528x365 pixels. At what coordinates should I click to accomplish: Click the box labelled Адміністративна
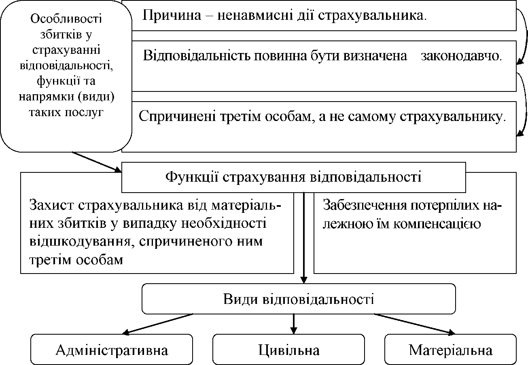pyautogui.click(x=112, y=350)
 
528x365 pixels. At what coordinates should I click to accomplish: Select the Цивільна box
pyautogui.click(x=289, y=350)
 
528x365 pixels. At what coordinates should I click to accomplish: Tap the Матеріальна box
pyautogui.click(x=450, y=350)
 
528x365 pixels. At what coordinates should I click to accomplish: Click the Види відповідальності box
pyautogui.click(x=299, y=299)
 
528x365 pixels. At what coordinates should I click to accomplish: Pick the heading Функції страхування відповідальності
pyautogui.click(x=294, y=177)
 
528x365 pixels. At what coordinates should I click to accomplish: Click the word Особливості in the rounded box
pyautogui.click(x=66, y=19)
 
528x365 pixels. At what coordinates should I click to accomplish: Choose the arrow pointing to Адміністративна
pyautogui.click(x=158, y=324)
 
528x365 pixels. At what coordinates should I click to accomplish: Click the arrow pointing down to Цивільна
pyautogui.click(x=294, y=323)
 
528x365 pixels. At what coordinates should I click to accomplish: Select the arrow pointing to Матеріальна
pyautogui.click(x=417, y=324)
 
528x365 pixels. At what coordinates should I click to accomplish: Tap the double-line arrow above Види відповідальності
pyautogui.click(x=304, y=239)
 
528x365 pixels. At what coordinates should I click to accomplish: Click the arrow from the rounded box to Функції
pyautogui.click(x=97, y=162)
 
